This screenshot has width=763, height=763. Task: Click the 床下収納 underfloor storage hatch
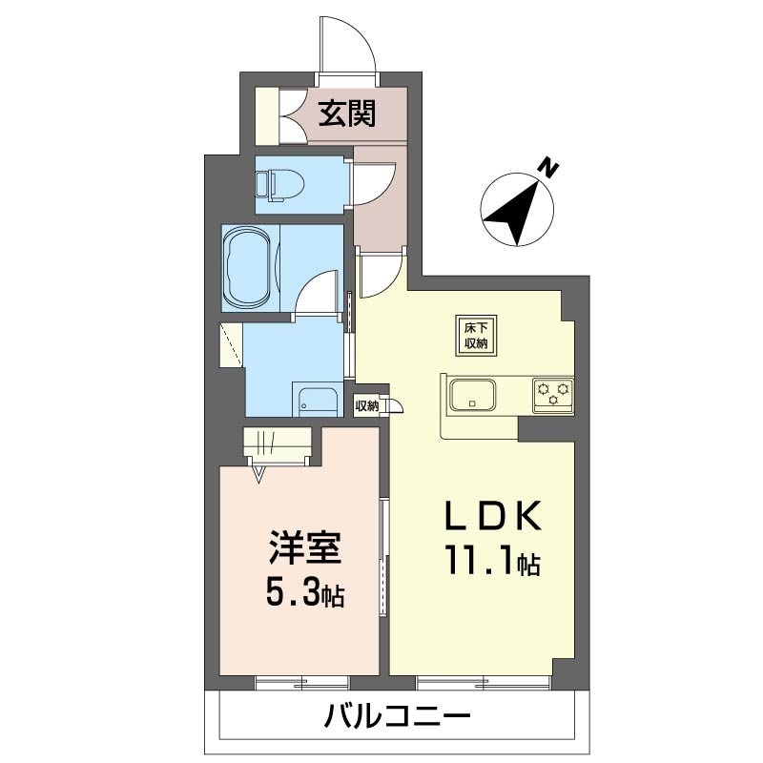point(475,336)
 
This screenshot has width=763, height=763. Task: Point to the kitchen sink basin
point(472,394)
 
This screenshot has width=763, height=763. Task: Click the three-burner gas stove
point(553,395)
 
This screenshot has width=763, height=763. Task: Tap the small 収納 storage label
point(366,406)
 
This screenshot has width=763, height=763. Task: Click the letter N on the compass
point(550,168)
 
